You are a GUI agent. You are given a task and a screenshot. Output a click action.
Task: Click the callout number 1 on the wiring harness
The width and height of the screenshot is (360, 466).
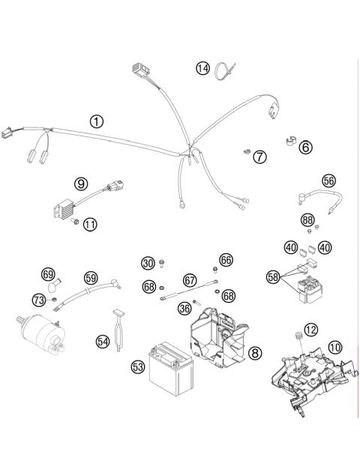coord(97,121)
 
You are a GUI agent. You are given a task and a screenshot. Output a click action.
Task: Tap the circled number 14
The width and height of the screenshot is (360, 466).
coord(203,68)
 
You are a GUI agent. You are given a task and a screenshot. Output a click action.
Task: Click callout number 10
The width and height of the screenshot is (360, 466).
coord(334,347)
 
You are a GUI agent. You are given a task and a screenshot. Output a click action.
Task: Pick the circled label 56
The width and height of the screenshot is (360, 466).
coord(328,180)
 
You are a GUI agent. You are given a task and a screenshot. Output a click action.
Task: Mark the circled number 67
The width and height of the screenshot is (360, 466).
coord(190,279)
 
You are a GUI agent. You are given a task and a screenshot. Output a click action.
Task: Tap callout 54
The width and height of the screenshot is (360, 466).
coord(103,340)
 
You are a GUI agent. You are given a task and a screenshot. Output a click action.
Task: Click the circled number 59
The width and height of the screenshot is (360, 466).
coord(91,278)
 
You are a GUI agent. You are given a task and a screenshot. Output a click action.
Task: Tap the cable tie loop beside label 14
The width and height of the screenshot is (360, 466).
coord(223,72)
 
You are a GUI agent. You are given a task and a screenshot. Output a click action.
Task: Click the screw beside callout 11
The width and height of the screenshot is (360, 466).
coord(73,224)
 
